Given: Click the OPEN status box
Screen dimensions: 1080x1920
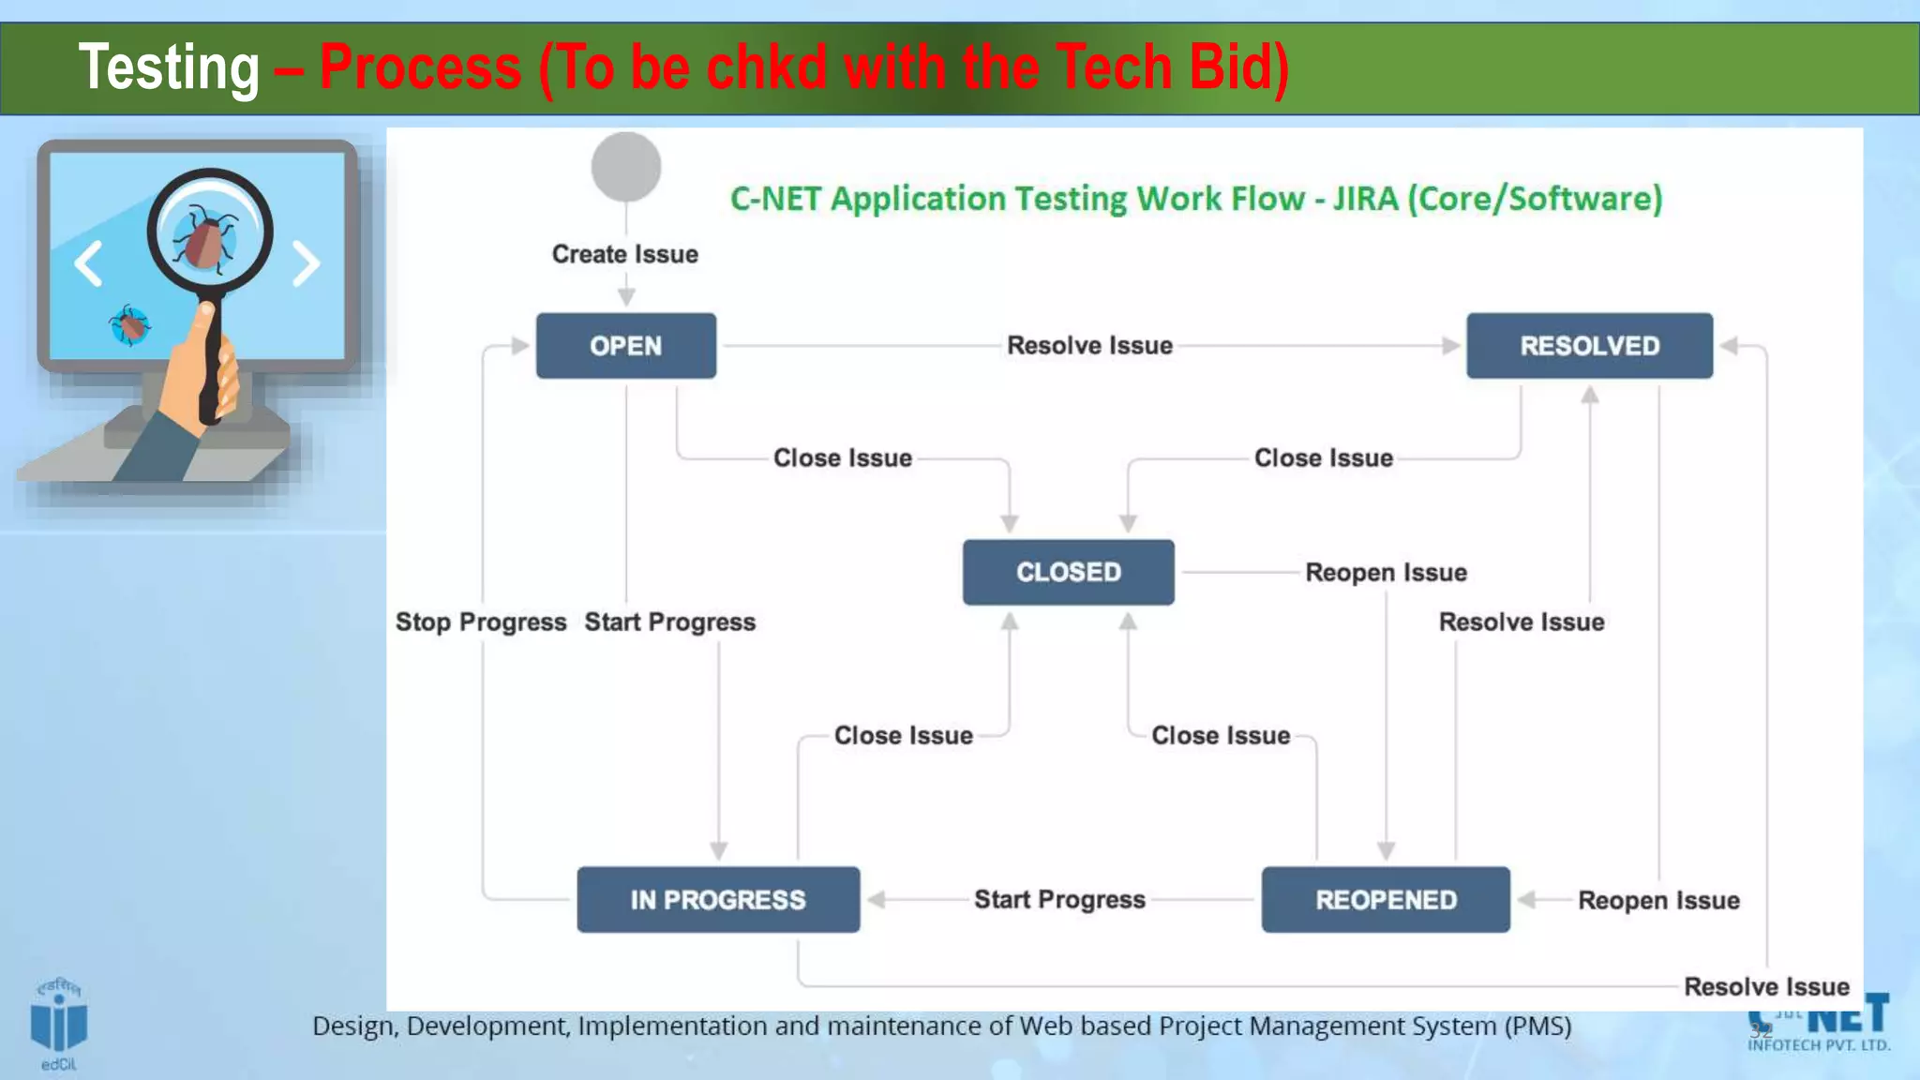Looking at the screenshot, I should (625, 346).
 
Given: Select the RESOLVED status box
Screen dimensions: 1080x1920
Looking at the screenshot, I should (1589, 346).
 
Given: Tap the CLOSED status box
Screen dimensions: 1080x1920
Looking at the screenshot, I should (1068, 572).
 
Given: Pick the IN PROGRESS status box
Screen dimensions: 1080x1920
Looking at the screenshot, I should (718, 900).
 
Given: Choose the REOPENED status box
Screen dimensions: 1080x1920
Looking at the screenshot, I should (1386, 900).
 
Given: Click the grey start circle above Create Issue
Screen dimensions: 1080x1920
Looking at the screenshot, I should (626, 167).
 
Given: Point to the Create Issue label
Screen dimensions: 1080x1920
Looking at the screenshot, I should (624, 254).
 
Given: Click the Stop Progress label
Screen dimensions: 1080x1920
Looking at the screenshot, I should (481, 622).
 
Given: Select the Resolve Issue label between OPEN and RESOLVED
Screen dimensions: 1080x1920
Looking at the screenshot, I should (1089, 346).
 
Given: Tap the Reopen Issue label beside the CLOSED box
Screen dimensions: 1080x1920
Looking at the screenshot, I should (1386, 572).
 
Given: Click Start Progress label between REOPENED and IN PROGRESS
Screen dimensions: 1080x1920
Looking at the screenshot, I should (1059, 900).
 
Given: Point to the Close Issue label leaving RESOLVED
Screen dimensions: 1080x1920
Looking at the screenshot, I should (1324, 458).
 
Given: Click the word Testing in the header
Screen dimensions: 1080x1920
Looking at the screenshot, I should (169, 68).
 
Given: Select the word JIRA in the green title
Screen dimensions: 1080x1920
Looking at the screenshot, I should (1365, 199).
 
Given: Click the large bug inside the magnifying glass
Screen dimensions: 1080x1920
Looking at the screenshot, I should (206, 237).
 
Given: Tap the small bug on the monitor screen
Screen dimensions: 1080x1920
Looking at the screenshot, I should (130, 324).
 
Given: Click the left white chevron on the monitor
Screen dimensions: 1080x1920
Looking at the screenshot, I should (89, 263).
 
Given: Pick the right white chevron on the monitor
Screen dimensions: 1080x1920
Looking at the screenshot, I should (306, 263).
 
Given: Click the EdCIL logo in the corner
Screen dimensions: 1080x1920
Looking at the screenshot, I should (59, 1025).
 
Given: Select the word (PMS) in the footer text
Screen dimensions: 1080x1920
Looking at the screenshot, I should (1537, 1027).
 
